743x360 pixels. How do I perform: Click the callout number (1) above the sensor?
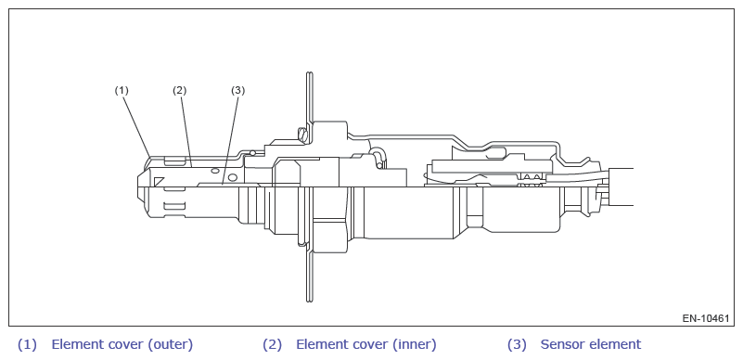tap(122, 90)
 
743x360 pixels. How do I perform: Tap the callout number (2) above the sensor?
tap(180, 90)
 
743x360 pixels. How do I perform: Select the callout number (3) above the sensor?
tap(237, 90)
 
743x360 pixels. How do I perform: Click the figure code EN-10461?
tap(706, 318)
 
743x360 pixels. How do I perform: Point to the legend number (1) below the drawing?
tap(27, 344)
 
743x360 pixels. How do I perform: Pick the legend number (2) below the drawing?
tap(272, 344)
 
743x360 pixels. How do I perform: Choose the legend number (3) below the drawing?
tap(517, 344)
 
